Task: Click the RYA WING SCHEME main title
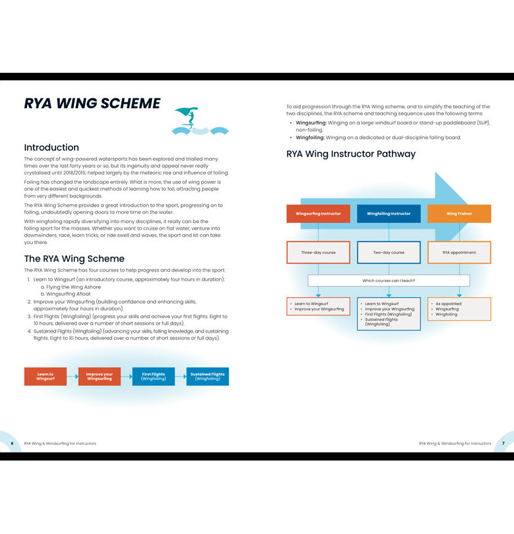point(92,104)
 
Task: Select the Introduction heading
point(51,148)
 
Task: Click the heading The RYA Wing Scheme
point(74,258)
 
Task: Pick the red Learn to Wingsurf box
point(45,377)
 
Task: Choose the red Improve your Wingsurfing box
point(99,377)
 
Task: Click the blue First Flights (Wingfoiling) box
point(153,377)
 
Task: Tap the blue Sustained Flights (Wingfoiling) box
point(207,377)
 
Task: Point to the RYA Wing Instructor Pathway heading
point(351,154)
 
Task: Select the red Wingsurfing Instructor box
point(318,214)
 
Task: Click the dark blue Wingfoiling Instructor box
point(389,214)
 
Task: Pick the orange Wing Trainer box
point(459,214)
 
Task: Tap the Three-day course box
point(318,253)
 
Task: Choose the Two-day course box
point(389,253)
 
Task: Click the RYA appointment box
point(459,253)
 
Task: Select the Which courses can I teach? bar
point(389,281)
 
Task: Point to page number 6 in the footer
point(12,443)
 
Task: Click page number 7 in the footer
point(503,443)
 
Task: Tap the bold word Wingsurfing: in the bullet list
point(311,123)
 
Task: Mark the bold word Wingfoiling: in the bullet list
point(311,138)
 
